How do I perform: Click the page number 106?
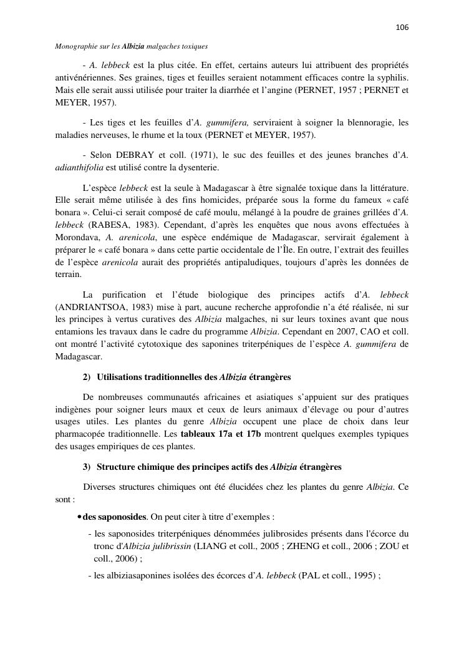click(x=402, y=27)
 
